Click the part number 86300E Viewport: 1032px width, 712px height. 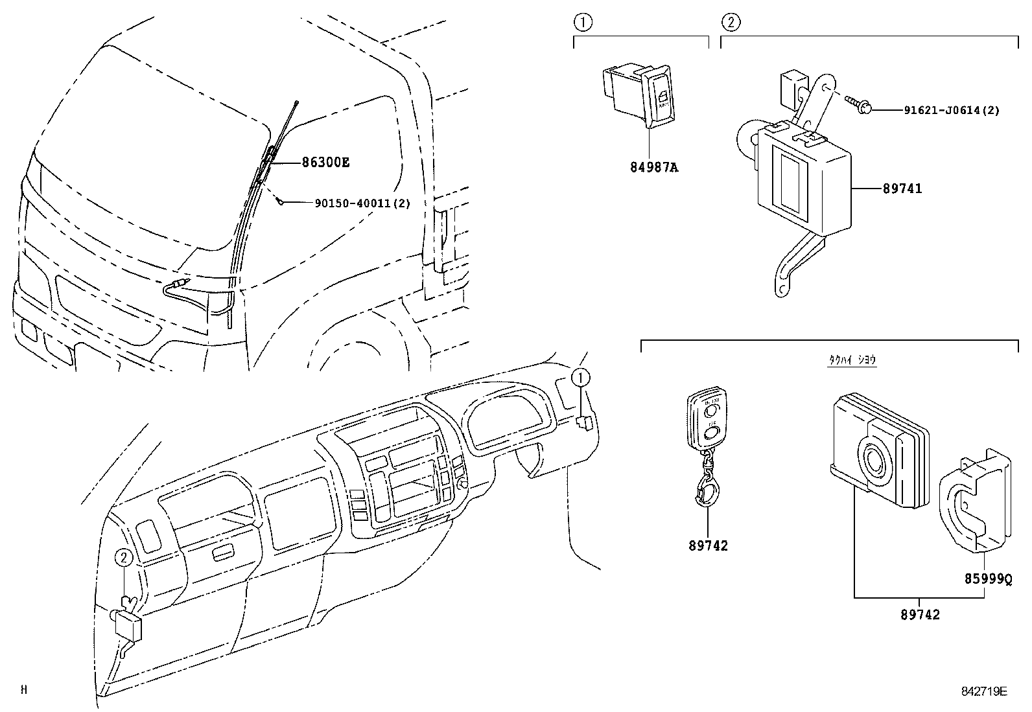coord(325,163)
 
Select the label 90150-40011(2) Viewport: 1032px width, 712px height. coord(362,203)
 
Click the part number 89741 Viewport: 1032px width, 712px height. coord(902,189)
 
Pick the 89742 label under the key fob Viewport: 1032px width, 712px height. coord(708,545)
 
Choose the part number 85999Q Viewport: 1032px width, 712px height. coord(988,579)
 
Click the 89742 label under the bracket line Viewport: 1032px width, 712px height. coord(919,615)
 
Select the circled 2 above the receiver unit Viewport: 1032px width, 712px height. coord(730,23)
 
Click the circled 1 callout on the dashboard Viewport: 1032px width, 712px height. coord(581,376)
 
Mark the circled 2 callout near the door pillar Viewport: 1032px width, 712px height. coord(124,557)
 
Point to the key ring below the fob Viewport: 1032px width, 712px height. coord(708,492)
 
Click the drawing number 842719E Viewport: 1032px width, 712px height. coord(983,691)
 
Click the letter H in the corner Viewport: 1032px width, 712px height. coord(24,690)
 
